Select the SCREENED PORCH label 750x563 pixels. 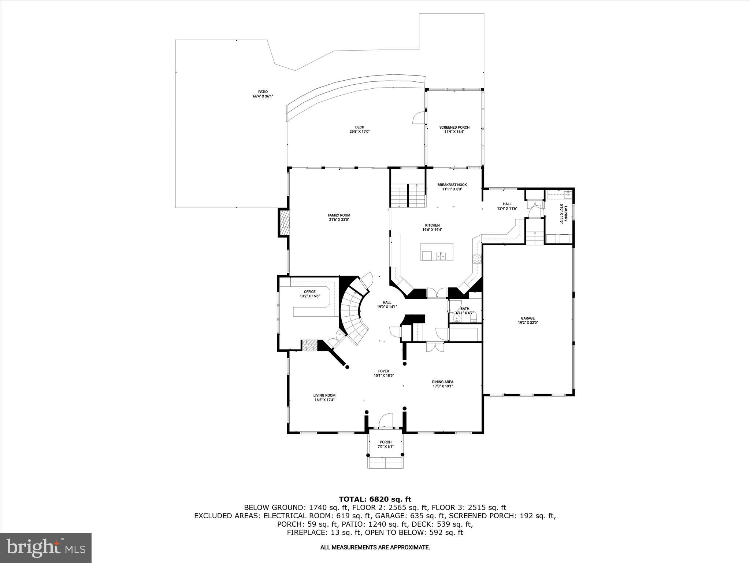[454, 129]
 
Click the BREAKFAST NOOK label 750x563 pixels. [452, 187]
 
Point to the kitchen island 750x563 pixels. [437, 252]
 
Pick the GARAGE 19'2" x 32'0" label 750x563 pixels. [528, 320]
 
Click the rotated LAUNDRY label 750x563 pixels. [563, 214]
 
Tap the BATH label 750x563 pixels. [465, 310]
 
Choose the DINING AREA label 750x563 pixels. [443, 384]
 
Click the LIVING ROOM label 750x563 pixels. [324, 397]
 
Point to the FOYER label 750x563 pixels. [383, 373]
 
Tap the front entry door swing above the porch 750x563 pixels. [386, 420]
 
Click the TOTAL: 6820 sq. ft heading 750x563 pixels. [375, 499]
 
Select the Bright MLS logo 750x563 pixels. [46, 548]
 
